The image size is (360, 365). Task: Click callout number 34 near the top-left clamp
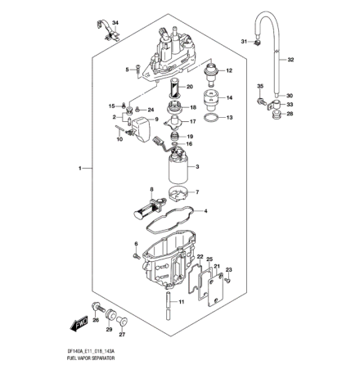(x=115, y=22)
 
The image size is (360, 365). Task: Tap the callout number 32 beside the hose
(x=291, y=59)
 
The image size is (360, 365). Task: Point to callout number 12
(x=230, y=72)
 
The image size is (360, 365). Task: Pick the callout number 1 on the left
(x=80, y=168)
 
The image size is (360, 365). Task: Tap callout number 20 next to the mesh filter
(x=189, y=87)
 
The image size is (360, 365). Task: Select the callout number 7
(x=197, y=193)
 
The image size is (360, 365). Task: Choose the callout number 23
(x=229, y=269)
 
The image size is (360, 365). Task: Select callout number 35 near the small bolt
(x=259, y=86)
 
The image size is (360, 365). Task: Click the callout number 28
(x=289, y=115)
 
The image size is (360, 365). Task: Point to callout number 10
(x=119, y=140)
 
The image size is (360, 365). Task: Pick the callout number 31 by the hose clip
(x=244, y=40)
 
